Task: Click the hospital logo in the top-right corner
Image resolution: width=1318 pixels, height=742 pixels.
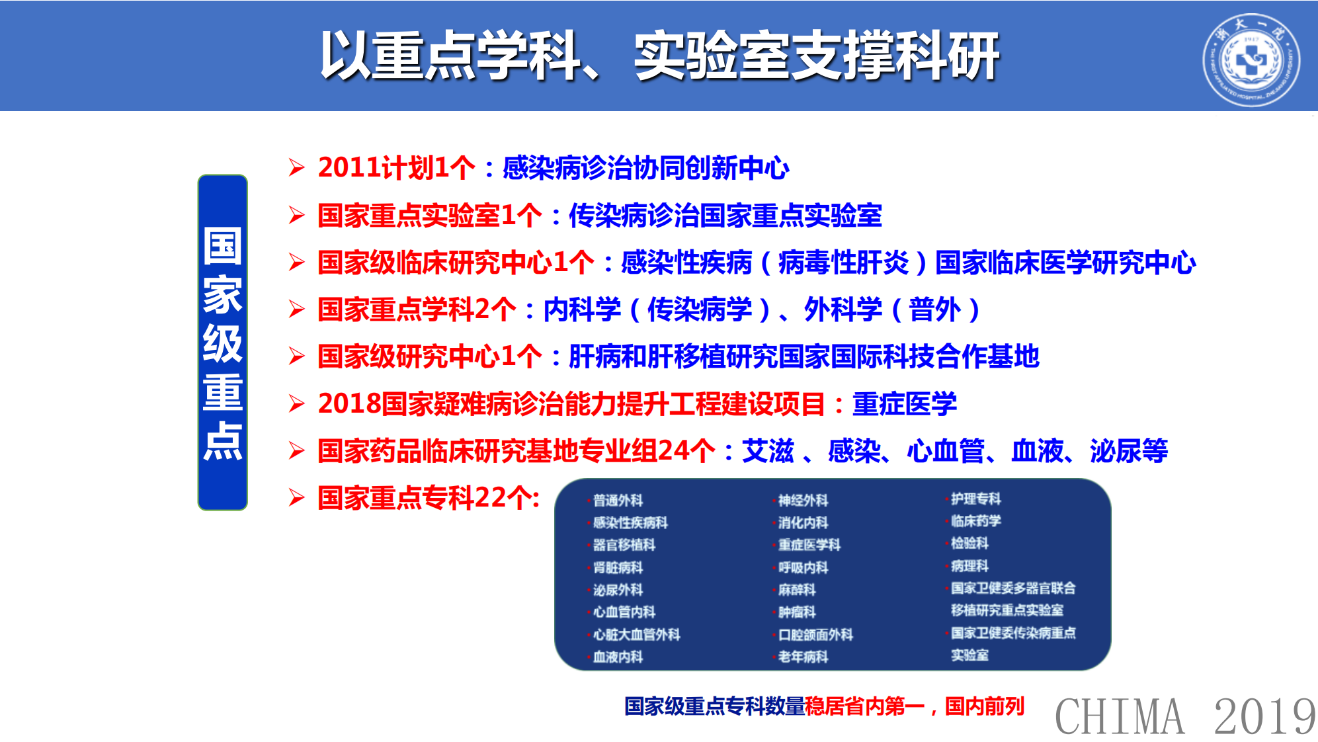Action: coord(1251,60)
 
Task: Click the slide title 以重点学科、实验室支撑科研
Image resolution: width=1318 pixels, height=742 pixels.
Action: coord(659,56)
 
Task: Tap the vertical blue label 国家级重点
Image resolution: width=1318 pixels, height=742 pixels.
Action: coord(223,343)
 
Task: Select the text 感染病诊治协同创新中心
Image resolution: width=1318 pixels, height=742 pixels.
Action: coord(645,168)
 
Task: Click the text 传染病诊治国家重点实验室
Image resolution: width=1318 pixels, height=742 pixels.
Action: coord(725,216)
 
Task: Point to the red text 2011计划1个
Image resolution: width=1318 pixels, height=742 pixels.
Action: coord(396,168)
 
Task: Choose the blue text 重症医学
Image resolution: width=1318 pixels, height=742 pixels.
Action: coord(904,404)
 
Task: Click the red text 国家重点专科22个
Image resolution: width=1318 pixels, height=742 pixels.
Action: coord(428,498)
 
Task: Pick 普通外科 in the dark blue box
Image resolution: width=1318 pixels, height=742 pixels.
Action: coord(618,501)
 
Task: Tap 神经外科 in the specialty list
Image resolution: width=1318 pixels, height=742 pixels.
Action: coord(803,501)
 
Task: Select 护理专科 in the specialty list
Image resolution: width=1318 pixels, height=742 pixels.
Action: coord(975,499)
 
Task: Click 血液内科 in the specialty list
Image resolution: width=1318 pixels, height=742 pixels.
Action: coord(618,657)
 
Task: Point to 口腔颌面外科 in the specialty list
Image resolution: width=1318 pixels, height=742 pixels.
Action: coord(815,635)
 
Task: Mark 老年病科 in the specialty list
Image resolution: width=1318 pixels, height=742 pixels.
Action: coord(803,657)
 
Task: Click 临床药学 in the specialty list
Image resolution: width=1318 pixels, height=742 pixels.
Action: coord(975,521)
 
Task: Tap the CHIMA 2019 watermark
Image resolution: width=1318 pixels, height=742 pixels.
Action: coord(1185,716)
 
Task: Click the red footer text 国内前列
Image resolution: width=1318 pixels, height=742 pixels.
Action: coord(984,706)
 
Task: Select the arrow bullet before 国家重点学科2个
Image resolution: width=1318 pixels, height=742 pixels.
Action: coord(296,309)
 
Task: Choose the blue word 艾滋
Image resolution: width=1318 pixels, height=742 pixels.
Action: coord(767,451)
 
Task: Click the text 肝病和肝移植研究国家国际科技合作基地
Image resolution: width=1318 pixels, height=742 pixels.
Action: coord(803,357)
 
